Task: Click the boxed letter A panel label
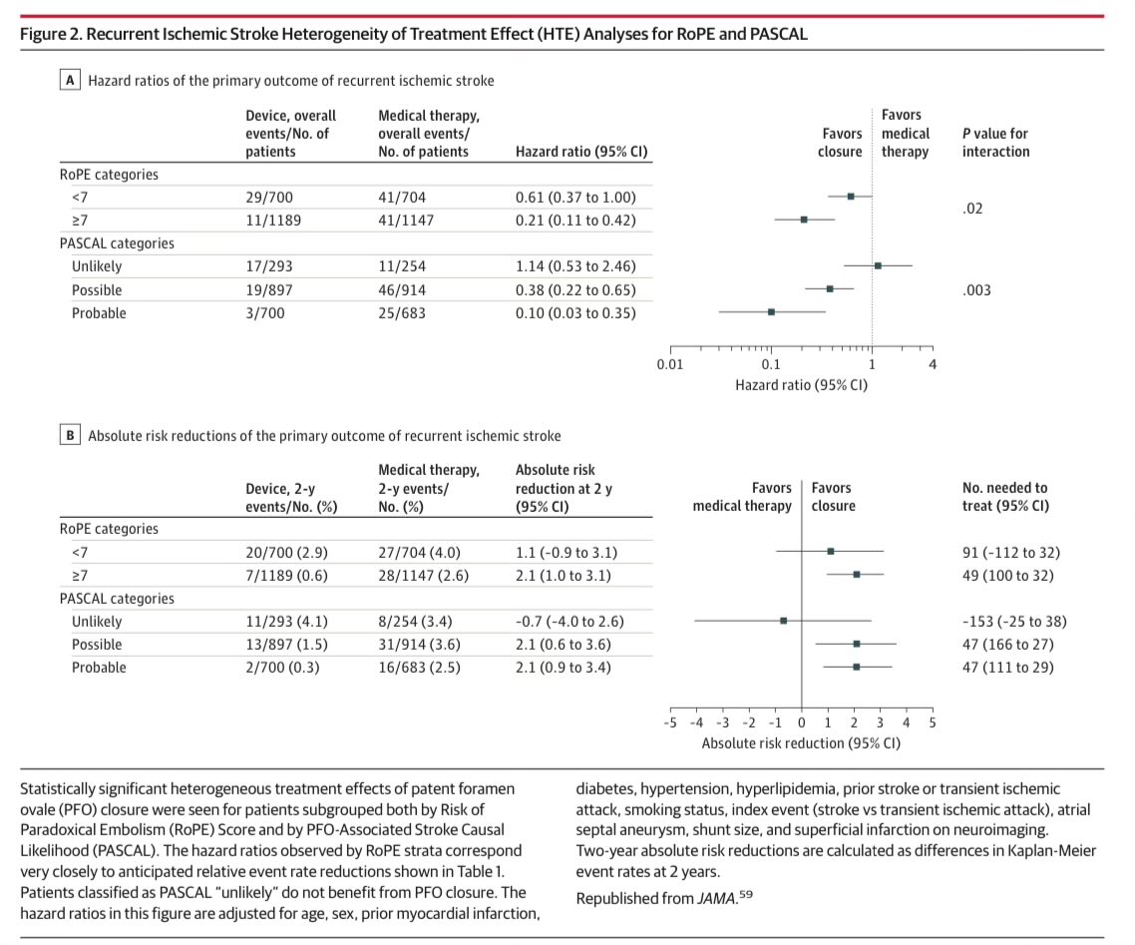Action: [71, 80]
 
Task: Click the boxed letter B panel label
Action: [71, 435]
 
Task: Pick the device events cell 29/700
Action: [266, 197]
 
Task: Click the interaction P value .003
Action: [977, 289]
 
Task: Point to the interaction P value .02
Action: [972, 209]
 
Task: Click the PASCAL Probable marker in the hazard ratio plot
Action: [771, 312]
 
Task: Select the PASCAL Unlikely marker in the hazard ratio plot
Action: [878, 266]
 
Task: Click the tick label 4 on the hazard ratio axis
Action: [933, 365]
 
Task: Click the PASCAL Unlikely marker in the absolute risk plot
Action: [784, 621]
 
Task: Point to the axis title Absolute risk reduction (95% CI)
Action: [801, 743]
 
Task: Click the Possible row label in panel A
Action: [97, 289]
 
